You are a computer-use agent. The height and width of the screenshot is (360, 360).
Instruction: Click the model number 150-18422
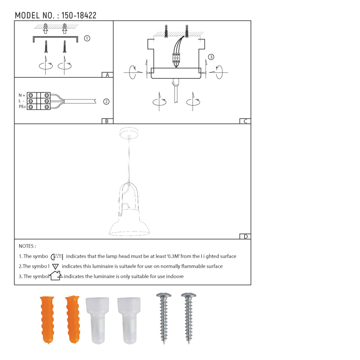[79, 16]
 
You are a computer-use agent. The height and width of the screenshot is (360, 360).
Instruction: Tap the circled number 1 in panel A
[87, 38]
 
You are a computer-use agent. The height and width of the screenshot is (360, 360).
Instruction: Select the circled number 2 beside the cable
[106, 102]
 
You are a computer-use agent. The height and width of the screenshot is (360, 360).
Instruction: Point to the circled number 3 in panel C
[211, 57]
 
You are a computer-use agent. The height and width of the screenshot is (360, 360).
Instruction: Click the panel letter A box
[107, 75]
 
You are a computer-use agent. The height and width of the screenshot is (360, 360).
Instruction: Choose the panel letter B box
[107, 121]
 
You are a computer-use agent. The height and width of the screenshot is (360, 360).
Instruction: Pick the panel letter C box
[245, 121]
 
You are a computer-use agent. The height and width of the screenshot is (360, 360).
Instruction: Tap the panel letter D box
[245, 236]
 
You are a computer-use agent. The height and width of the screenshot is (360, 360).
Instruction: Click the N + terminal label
[22, 95]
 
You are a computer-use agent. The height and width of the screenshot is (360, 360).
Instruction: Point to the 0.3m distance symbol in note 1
[57, 256]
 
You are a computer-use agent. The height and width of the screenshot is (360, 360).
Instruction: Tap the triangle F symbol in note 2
[55, 266]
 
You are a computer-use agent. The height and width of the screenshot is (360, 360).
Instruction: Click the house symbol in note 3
[56, 276]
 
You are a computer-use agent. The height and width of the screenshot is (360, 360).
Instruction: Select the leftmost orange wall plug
[47, 319]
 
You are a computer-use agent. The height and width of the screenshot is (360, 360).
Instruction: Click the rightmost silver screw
[189, 318]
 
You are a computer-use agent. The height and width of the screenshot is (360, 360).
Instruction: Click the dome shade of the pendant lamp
[129, 225]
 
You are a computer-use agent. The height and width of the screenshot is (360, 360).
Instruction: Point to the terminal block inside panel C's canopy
[176, 58]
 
